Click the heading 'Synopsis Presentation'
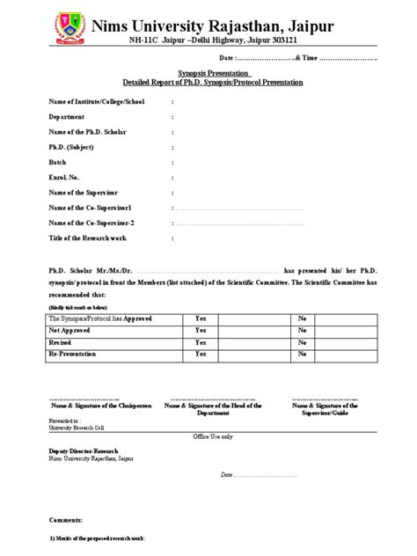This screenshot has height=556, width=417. (209, 73)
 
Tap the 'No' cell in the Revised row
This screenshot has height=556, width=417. (302, 342)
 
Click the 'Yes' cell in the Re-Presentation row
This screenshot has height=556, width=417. (201, 355)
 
